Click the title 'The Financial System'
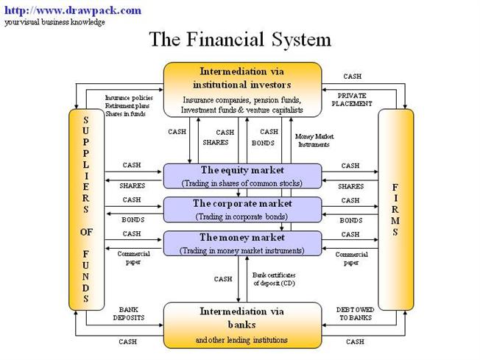point(240,39)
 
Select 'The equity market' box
point(242,176)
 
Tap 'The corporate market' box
point(242,210)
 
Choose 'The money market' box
point(242,244)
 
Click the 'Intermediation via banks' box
point(242,325)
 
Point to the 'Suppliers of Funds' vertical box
point(85,209)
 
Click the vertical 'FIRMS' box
point(396,209)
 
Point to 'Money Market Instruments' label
point(313,140)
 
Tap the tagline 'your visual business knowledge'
point(54,22)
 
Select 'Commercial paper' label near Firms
point(351,258)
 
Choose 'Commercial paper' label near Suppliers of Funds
point(133,258)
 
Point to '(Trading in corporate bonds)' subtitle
point(242,216)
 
